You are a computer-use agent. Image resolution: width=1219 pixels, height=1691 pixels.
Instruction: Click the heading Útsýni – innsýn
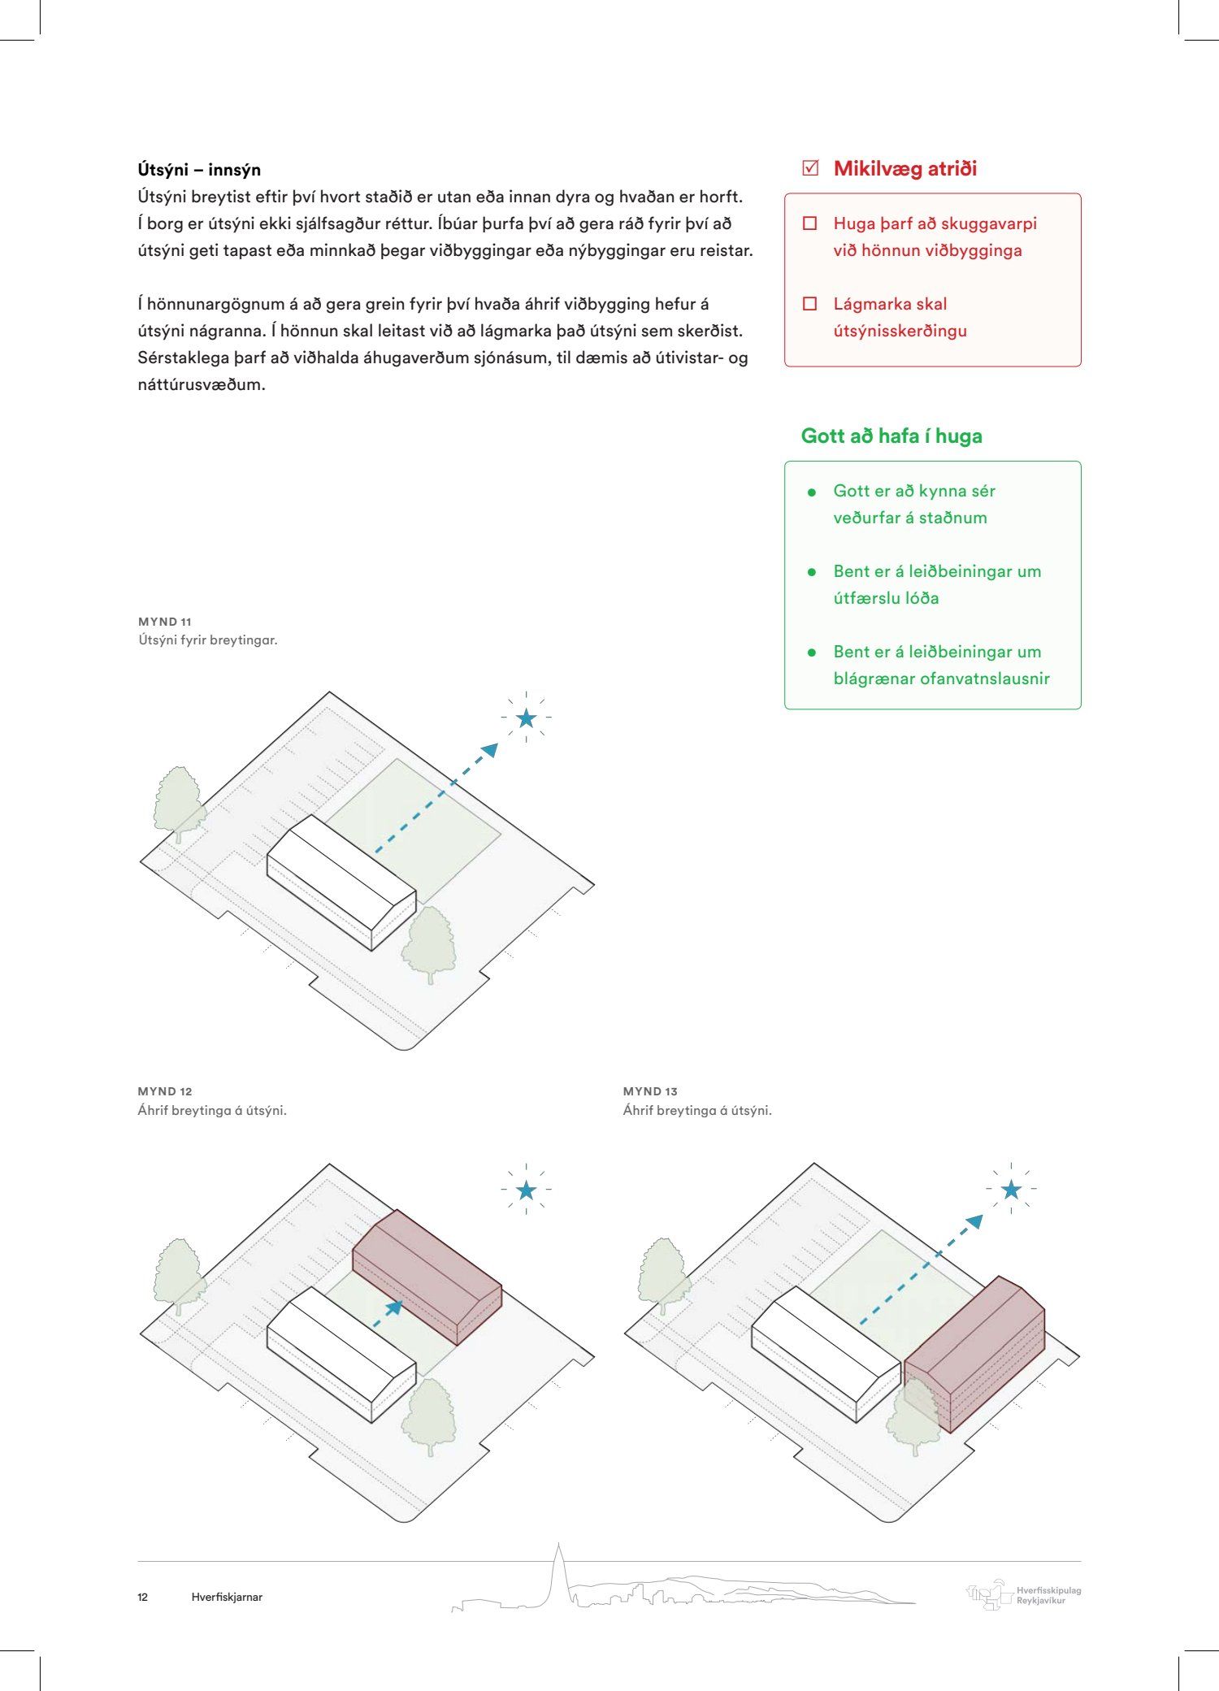point(199,170)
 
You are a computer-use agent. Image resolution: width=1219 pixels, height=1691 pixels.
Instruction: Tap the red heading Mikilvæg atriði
point(904,169)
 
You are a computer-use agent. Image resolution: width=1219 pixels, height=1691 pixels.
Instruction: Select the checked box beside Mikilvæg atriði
point(809,168)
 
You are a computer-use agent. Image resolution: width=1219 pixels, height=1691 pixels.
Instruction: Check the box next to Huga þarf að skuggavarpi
point(809,223)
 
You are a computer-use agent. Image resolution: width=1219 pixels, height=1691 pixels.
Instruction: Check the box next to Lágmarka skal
point(809,304)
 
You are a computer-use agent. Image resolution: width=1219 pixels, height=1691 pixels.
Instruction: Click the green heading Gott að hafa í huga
point(891,436)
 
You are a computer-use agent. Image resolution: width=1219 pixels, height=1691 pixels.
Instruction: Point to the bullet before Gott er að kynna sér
point(811,492)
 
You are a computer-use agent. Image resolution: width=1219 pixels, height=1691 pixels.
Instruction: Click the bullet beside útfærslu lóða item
point(811,572)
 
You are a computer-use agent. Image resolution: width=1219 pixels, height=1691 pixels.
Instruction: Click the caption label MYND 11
point(165,622)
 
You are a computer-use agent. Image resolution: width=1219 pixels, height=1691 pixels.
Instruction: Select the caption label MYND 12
point(165,1091)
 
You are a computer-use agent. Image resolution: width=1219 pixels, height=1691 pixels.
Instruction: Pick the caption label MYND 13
point(650,1091)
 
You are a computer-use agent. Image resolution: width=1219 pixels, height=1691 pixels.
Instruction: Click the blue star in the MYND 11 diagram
point(526,718)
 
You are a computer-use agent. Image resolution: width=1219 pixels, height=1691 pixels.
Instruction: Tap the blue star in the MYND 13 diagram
point(1011,1190)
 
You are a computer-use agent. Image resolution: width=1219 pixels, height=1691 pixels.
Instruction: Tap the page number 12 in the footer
point(143,1597)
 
